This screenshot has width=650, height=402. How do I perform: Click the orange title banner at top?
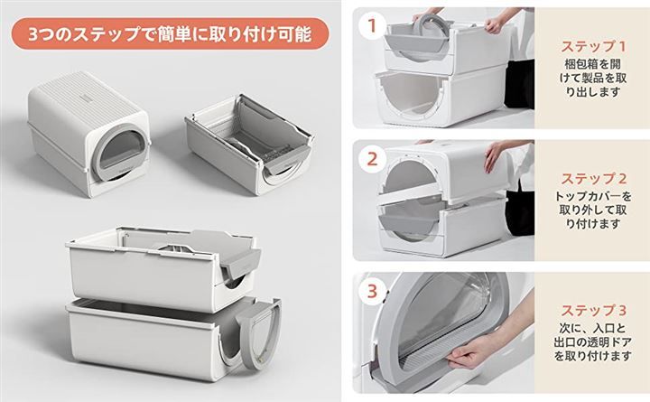pyautogui.click(x=170, y=33)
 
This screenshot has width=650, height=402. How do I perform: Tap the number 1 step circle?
pyautogui.click(x=372, y=25)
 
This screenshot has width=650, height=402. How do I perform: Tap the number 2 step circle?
pyautogui.click(x=372, y=158)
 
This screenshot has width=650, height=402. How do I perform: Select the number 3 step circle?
pyautogui.click(x=372, y=291)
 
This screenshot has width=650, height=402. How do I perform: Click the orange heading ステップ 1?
pyautogui.click(x=593, y=46)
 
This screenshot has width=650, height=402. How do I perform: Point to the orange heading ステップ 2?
pyautogui.click(x=594, y=179)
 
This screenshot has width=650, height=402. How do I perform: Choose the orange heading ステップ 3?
pyautogui.click(x=594, y=311)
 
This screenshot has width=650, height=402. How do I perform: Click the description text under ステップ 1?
pyautogui.click(x=593, y=78)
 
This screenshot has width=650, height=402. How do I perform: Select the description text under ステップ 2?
pyautogui.click(x=593, y=210)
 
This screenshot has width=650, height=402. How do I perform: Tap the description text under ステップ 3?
pyautogui.click(x=593, y=342)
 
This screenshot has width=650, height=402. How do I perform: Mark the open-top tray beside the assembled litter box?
pyautogui.click(x=249, y=144)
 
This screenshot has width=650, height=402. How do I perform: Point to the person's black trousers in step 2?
pyautogui.click(x=519, y=211)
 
